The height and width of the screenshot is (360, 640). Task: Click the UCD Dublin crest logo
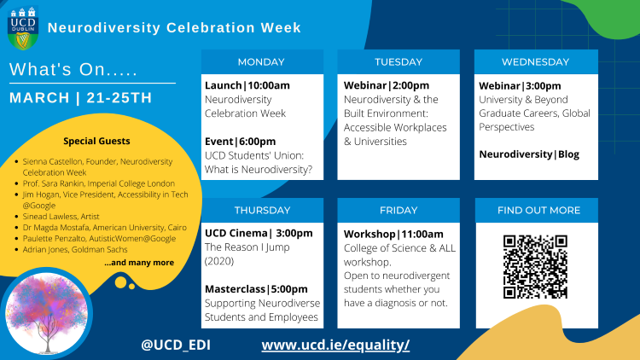click(22, 28)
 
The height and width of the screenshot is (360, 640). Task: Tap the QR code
click(535, 266)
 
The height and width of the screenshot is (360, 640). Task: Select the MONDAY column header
click(261, 61)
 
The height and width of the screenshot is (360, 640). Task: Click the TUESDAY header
click(398, 61)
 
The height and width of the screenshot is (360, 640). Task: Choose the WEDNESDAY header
click(535, 61)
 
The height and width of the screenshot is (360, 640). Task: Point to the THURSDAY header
click(261, 210)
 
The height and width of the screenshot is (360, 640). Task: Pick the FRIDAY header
click(398, 210)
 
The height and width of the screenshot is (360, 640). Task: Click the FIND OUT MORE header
click(535, 210)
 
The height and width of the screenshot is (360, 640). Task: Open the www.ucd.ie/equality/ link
click(335, 345)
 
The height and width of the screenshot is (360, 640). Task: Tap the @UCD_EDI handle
click(176, 345)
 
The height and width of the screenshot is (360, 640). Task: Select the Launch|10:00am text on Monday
click(247, 85)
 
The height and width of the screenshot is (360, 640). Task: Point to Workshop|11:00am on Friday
click(393, 234)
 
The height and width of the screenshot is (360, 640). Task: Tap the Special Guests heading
click(96, 142)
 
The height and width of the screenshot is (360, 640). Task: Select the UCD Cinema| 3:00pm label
click(259, 233)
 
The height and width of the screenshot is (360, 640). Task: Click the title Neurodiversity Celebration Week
click(174, 27)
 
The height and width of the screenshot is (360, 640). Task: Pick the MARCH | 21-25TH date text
click(80, 97)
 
